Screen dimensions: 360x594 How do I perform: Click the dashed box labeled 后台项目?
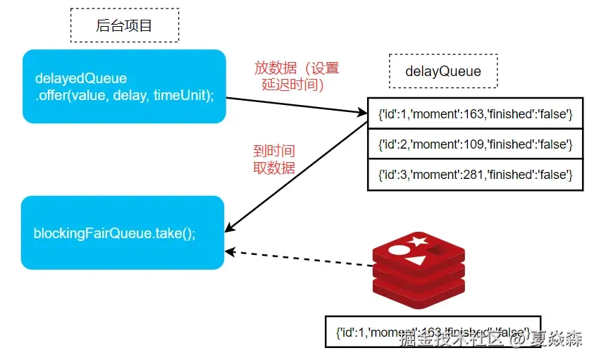pos(125,26)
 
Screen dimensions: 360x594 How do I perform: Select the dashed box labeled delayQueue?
pos(443,71)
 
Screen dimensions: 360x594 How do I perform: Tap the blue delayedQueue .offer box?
pos(123,86)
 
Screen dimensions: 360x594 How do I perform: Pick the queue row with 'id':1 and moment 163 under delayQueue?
pos(476,113)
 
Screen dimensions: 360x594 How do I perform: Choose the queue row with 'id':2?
pos(476,144)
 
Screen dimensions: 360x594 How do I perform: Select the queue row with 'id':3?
pos(476,174)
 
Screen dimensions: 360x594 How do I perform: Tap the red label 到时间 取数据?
pos(273,159)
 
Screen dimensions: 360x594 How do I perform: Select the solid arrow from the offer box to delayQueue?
pos(296,105)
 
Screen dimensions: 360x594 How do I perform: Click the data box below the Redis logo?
pos(433,331)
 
